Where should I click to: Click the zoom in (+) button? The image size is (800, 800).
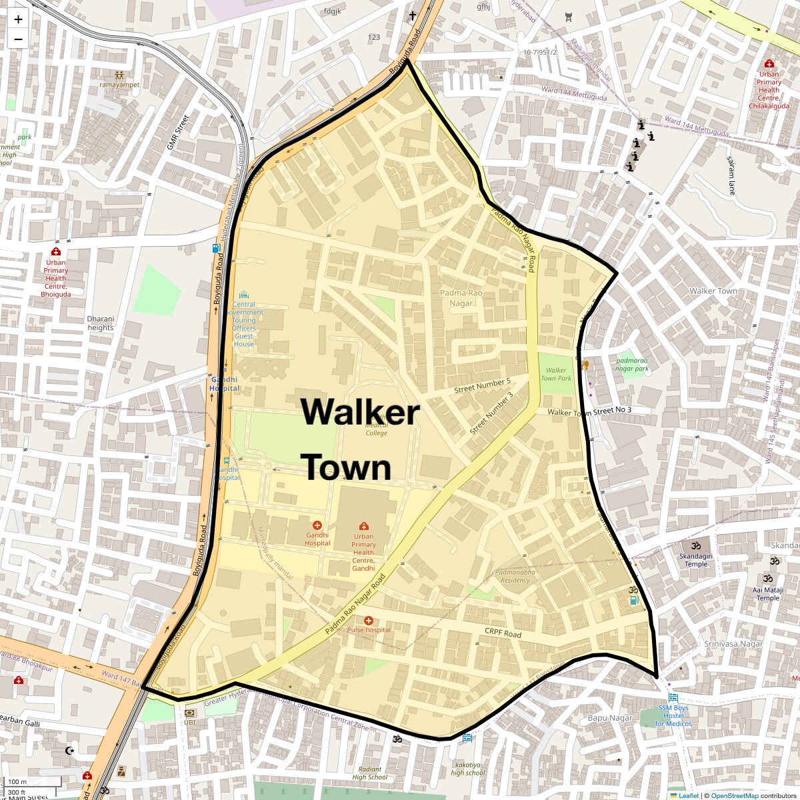tap(18, 19)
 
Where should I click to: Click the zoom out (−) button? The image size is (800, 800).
tap(18, 39)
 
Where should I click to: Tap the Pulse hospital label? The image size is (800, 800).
tap(369, 629)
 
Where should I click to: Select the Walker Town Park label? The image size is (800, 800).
tap(556, 374)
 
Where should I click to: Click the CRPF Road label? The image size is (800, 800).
tap(503, 633)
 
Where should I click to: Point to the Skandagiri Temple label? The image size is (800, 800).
tap(696, 559)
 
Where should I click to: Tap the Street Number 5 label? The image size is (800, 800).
tap(482, 385)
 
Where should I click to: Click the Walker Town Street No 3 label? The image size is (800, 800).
tap(589, 411)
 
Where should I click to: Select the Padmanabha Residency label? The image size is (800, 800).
tap(515, 576)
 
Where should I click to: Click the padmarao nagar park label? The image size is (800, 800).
tap(631, 365)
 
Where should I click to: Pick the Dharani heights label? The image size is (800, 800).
tap(101, 323)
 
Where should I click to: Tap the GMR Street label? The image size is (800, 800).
tap(178, 132)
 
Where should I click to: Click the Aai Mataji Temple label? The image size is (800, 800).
tap(768, 594)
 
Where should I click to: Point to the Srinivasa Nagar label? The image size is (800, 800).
tap(733, 644)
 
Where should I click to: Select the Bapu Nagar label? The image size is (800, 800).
tap(609, 718)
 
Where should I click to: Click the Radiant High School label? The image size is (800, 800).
tap(369, 773)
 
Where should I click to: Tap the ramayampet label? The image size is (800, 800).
tap(119, 85)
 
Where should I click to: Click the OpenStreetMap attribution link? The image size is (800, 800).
tap(735, 795)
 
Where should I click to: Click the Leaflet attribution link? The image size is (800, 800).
tap(689, 795)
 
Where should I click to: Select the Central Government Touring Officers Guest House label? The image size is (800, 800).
tap(244, 324)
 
